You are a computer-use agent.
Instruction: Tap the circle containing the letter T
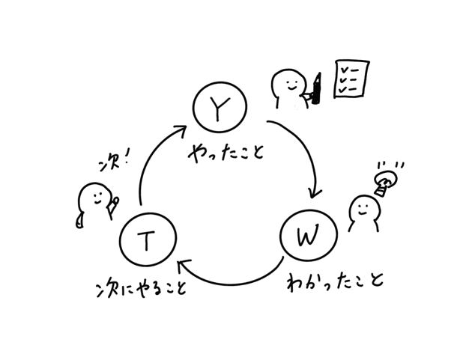pos(148,240)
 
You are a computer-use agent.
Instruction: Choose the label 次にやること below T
pos(138,288)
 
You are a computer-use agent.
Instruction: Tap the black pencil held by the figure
pos(318,88)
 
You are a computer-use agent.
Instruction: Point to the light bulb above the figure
pos(386,182)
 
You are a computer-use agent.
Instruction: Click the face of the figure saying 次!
pos(94,199)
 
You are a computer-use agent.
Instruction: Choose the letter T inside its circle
pos(148,240)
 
